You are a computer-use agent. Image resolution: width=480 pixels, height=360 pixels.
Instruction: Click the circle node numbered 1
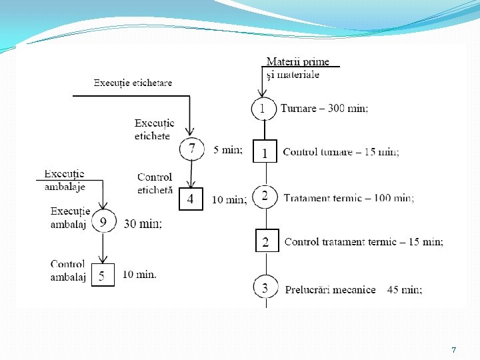pyautogui.click(x=263, y=109)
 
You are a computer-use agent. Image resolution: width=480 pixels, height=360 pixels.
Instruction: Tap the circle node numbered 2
pyautogui.click(x=265, y=197)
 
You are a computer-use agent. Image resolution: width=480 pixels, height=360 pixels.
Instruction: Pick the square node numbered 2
pyautogui.click(x=265, y=241)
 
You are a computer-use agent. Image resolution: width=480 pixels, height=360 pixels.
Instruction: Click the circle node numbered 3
pyautogui.click(x=265, y=289)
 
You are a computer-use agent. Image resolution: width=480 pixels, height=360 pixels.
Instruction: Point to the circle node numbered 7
pyautogui.click(x=192, y=149)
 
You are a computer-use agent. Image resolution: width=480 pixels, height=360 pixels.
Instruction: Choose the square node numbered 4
pyautogui.click(x=190, y=198)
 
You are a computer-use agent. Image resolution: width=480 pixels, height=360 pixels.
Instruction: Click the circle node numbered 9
pyautogui.click(x=103, y=221)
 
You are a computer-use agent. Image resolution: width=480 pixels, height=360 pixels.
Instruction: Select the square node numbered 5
pyautogui.click(x=101, y=275)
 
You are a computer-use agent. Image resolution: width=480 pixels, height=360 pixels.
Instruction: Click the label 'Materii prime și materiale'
pyautogui.click(x=297, y=68)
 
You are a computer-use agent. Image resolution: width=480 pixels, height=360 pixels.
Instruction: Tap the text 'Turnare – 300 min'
pyautogui.click(x=324, y=108)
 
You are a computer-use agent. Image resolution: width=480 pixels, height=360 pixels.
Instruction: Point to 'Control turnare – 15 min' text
pyautogui.click(x=341, y=152)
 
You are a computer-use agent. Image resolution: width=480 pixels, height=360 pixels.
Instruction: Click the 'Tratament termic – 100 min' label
pyautogui.click(x=349, y=198)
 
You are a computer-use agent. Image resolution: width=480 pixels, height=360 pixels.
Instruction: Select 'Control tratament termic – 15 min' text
pyautogui.click(x=363, y=242)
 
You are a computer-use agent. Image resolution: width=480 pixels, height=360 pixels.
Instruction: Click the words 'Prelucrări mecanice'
pyautogui.click(x=330, y=289)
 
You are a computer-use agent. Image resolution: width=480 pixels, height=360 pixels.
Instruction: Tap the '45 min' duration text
pyautogui.click(x=404, y=289)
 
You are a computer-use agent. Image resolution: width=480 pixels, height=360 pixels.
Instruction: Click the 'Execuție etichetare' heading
pyautogui.click(x=133, y=83)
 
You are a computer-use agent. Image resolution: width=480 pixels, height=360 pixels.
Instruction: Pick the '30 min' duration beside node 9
pyautogui.click(x=142, y=224)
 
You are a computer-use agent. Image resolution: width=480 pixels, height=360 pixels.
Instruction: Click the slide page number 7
pyautogui.click(x=453, y=349)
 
